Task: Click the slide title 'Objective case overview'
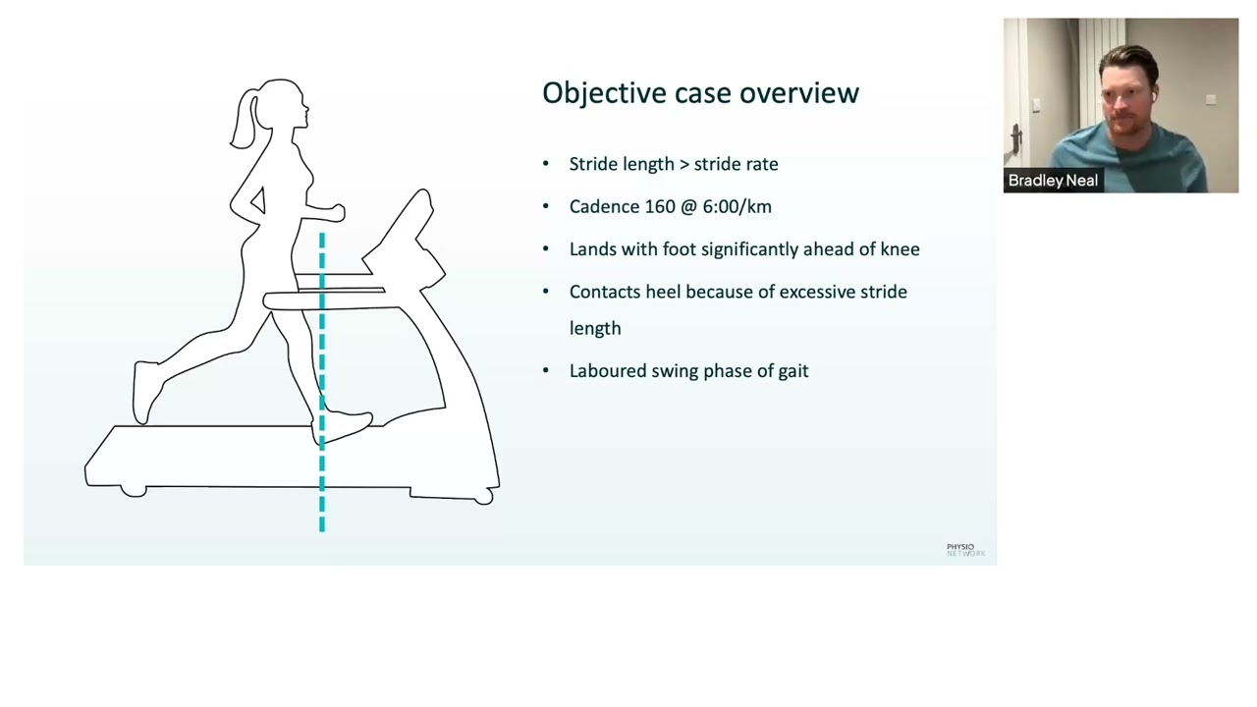pyautogui.click(x=700, y=93)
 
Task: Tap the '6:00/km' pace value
pyautogui.click(x=737, y=206)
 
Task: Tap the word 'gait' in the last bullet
pyautogui.click(x=792, y=371)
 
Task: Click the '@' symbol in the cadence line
pyautogui.click(x=688, y=206)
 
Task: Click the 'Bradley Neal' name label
pyautogui.click(x=1053, y=181)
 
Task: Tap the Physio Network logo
pyautogui.click(x=965, y=550)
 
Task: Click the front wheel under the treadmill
pyautogui.click(x=482, y=498)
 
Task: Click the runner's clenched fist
pyautogui.click(x=335, y=211)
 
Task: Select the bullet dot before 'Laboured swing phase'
pyautogui.click(x=546, y=371)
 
